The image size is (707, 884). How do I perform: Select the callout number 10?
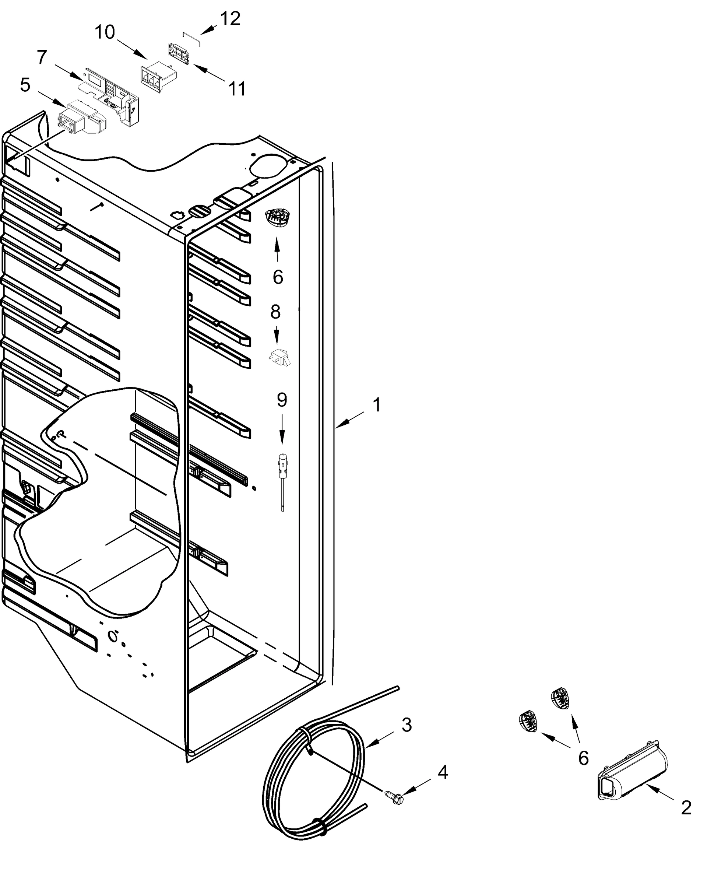(x=105, y=32)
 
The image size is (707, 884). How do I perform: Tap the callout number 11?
(x=237, y=88)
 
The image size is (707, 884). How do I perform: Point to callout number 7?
(x=42, y=57)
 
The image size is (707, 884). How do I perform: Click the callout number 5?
(x=25, y=85)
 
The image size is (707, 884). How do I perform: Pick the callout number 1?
(x=377, y=405)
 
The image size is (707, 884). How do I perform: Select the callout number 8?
(x=275, y=312)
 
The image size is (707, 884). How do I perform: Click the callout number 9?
(x=282, y=400)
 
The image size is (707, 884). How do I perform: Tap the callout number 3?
(x=406, y=725)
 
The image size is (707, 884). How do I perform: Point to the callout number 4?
(x=443, y=772)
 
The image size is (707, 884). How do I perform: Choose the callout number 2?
(x=686, y=808)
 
